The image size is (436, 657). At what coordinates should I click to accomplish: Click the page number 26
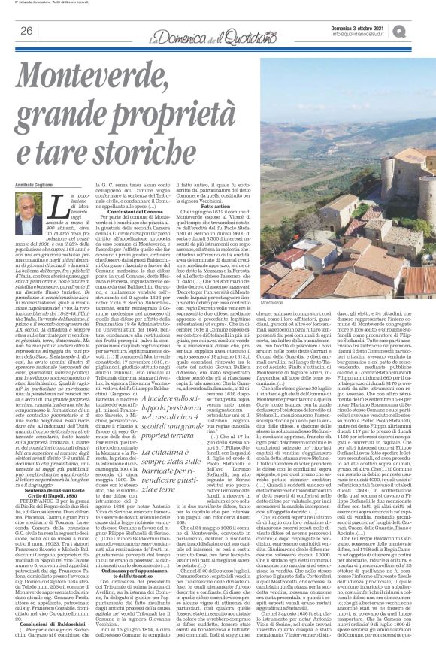[x=26, y=30]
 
